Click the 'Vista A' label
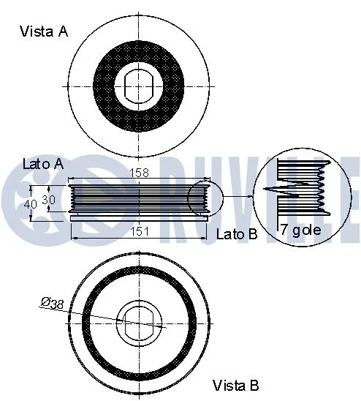coord(43,31)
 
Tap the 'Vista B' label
coord(235,384)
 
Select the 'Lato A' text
coord(43,165)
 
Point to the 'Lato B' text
coord(237,234)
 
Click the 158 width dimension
coord(140,173)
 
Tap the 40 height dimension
coord(29,204)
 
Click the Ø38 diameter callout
coord(53,303)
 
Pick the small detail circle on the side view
coord(203,199)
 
